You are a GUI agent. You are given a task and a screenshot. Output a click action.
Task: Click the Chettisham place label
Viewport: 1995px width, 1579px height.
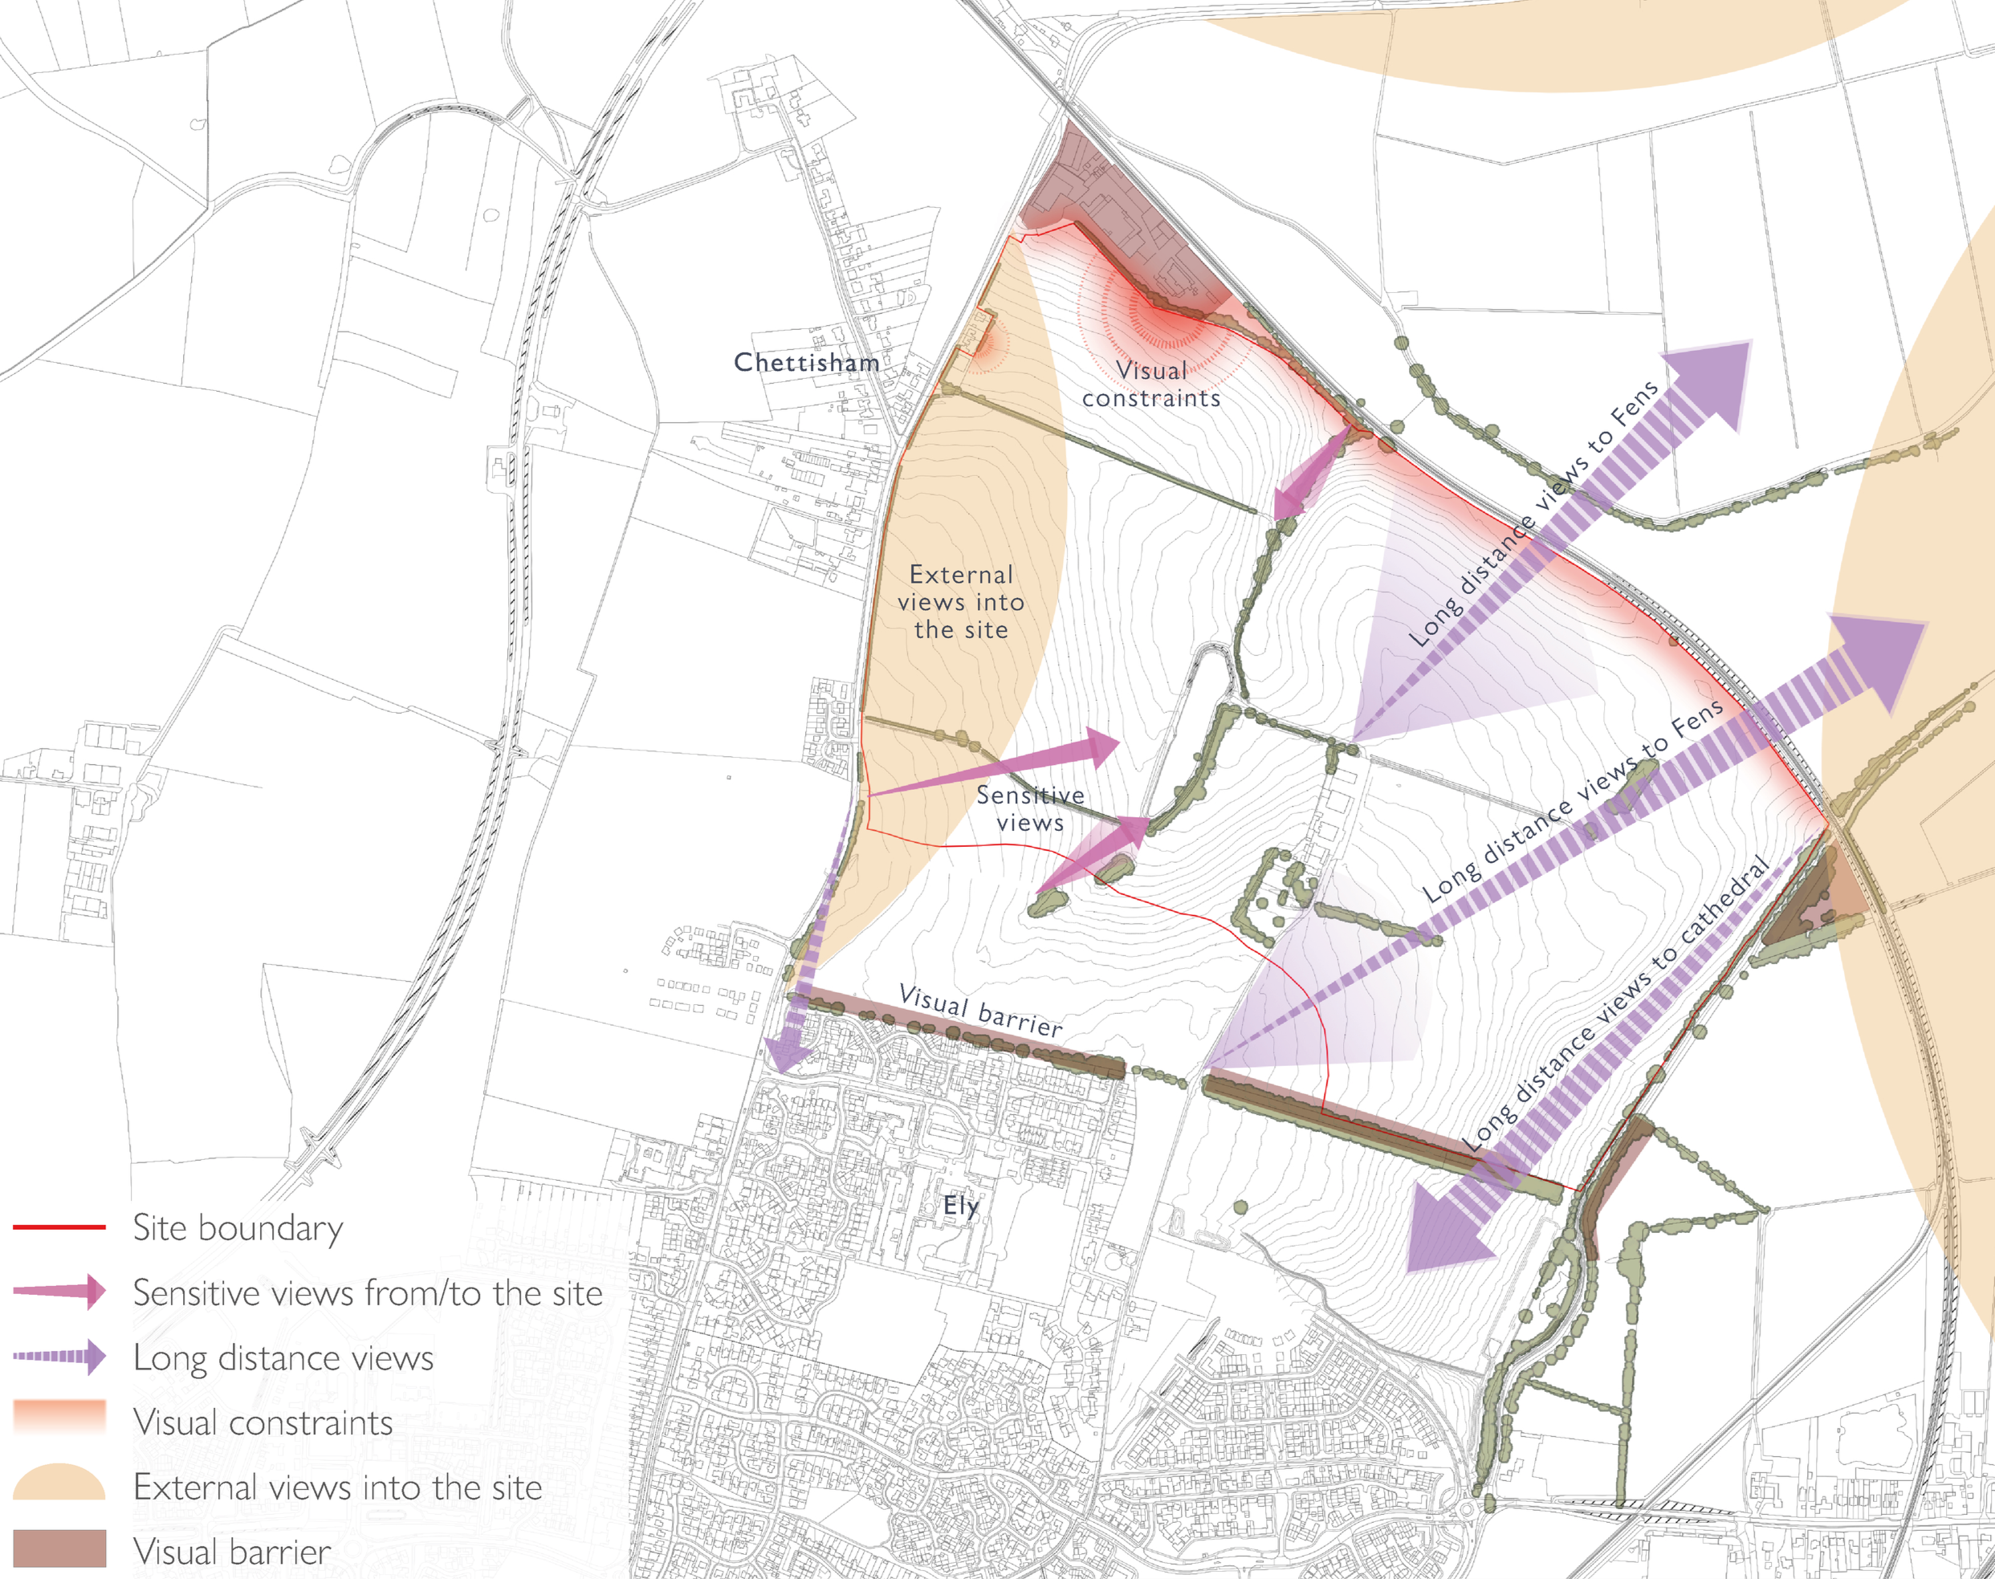(x=806, y=362)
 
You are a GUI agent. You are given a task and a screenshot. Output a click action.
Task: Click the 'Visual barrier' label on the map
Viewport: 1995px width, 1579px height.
(x=981, y=1011)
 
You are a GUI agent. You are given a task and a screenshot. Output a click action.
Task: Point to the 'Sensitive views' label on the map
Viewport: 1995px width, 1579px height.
(x=1030, y=809)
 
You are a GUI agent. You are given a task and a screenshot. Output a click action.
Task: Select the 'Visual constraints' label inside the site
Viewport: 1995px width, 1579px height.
(x=1151, y=385)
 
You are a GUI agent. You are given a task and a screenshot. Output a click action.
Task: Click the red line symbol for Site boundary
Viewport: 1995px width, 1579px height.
(x=59, y=1227)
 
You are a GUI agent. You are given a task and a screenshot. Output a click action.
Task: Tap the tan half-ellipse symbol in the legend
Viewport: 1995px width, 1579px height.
(x=59, y=1482)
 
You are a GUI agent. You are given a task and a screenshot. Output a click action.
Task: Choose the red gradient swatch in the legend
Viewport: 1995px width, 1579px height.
(x=59, y=1416)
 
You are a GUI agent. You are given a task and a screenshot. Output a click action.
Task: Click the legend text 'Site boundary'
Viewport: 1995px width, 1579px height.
(x=238, y=1227)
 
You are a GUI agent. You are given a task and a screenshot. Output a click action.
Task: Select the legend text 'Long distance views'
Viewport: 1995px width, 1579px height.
(x=283, y=1357)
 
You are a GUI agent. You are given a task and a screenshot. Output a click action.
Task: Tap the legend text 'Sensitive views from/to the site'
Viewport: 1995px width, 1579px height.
(x=367, y=1292)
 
